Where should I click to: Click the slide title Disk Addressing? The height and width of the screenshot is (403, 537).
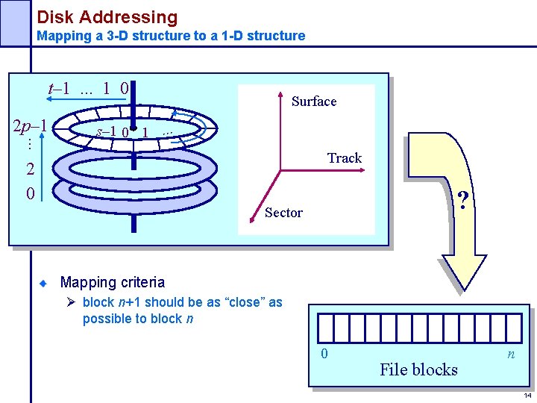(x=107, y=16)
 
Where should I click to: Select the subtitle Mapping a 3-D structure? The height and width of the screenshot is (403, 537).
(x=171, y=36)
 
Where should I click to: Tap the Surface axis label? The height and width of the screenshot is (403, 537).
(x=314, y=101)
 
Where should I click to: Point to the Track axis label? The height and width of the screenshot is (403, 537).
(x=344, y=158)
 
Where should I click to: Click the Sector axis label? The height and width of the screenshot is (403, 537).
(x=284, y=213)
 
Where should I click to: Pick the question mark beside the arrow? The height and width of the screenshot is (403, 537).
(x=463, y=201)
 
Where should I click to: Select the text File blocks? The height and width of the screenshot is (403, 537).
(x=418, y=369)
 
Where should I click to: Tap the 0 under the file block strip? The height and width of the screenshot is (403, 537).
(x=324, y=354)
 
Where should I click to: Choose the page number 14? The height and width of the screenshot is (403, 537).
(x=527, y=396)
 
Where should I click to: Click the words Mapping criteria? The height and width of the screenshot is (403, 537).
(x=112, y=283)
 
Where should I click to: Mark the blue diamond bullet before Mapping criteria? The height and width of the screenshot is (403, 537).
(x=44, y=284)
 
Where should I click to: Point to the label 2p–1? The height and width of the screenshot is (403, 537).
(x=31, y=125)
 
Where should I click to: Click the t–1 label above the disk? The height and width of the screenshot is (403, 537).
(x=59, y=88)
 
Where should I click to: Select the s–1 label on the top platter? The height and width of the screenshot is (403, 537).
(x=106, y=131)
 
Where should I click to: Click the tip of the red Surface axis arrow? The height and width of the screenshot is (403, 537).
(x=280, y=94)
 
